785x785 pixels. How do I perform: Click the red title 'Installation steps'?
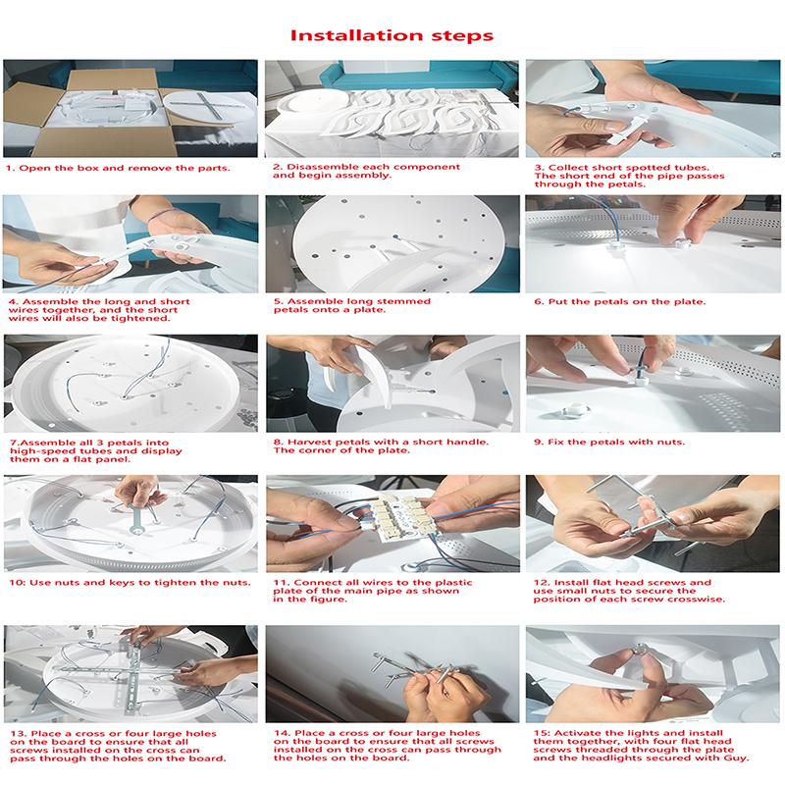click(392, 35)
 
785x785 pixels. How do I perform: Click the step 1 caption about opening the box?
click(118, 168)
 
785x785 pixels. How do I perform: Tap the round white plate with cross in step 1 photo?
click(207, 107)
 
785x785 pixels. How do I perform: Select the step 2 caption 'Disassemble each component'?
click(366, 171)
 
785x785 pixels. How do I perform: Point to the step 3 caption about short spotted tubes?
click(629, 176)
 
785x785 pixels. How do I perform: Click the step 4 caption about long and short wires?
click(99, 310)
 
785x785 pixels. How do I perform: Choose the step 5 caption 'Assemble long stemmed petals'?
click(352, 305)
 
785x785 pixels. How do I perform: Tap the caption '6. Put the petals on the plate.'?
click(619, 302)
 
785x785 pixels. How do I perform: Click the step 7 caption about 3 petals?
click(95, 450)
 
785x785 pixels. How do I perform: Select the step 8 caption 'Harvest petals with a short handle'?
click(381, 446)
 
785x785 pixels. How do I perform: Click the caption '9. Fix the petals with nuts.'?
click(608, 443)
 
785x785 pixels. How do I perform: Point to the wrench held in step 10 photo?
click(136, 516)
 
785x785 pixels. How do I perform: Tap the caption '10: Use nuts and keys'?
click(130, 583)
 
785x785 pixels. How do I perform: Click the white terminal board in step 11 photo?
click(400, 517)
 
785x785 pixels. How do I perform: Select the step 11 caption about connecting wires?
click(373, 591)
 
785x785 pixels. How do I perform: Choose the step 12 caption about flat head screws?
click(629, 591)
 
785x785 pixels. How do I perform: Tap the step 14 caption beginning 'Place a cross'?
click(387, 746)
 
